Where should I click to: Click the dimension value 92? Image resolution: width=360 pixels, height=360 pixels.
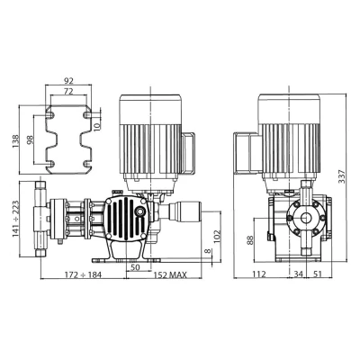coord(68,81)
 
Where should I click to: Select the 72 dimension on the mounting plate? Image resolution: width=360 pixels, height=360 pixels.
coord(68,92)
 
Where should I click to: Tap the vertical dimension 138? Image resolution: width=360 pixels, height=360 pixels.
coord(15,141)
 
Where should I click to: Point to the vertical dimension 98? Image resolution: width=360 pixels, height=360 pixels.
coord(31,140)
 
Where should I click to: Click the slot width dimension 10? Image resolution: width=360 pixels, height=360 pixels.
coord(97,126)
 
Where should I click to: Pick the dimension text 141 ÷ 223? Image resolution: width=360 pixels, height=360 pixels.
coord(15,219)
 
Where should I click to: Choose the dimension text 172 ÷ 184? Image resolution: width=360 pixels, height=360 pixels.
coord(83,274)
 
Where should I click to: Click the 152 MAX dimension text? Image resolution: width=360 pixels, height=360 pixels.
coord(170,274)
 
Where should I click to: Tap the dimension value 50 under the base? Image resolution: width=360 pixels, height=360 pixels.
coord(136,267)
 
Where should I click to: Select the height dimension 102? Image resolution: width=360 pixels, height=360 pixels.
coord(217,238)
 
